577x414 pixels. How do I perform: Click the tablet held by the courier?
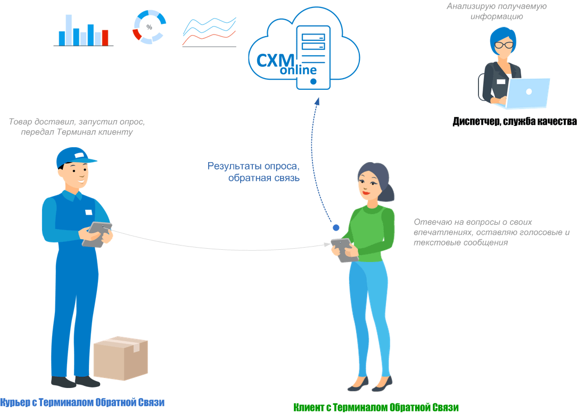point(97,234)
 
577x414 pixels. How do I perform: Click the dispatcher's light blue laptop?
point(529,93)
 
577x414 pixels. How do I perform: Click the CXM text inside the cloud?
point(275,59)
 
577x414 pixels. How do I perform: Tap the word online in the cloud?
point(298,70)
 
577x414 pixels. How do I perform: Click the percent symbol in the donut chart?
point(149,27)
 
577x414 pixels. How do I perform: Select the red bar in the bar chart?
point(105,38)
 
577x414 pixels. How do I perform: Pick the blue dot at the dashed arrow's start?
point(336,227)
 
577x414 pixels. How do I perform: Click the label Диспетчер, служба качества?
point(514,122)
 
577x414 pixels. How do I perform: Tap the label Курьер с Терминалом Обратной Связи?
point(83,402)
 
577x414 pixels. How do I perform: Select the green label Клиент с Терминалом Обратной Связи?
point(376,408)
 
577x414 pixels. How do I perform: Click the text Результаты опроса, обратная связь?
point(254,172)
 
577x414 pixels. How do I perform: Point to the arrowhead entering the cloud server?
point(317,102)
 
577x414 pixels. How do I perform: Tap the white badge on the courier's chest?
point(88,212)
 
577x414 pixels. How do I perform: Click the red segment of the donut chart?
point(137,35)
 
